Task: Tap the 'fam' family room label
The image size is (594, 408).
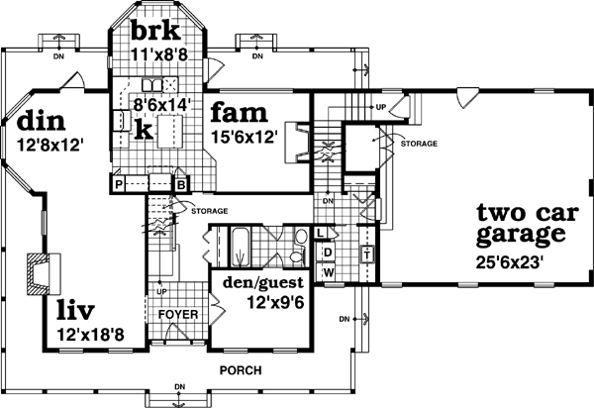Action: [236, 110]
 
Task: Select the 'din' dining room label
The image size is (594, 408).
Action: [41, 122]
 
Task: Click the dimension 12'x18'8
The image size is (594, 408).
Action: [90, 335]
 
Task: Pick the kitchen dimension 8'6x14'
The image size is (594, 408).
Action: [162, 102]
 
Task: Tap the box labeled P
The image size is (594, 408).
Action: [118, 183]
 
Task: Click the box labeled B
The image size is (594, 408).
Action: [181, 183]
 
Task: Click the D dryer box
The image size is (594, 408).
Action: [328, 252]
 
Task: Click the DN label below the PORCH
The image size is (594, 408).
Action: [179, 386]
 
